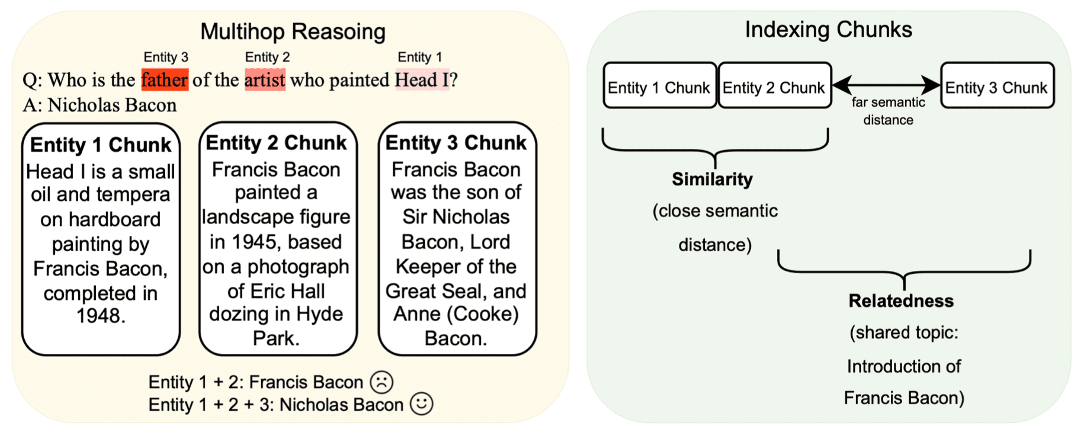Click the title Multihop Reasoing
293,31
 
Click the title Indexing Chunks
828,30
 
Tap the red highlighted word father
165,79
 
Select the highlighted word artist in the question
265,79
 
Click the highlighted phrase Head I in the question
422,79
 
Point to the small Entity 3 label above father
166,57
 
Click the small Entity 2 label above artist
267,57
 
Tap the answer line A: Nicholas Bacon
100,105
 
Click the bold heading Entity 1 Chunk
101,145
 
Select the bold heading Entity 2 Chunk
276,143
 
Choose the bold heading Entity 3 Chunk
456,143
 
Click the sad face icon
381,382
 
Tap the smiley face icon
421,404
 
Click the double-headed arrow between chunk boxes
886,85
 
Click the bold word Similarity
712,179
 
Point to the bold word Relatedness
900,300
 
